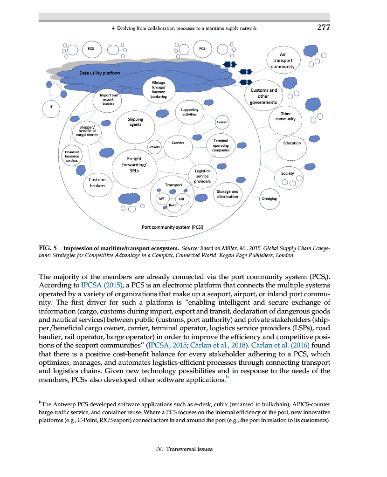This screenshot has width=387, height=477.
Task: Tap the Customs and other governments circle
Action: [263, 96]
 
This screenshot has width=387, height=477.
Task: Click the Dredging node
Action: [269, 198]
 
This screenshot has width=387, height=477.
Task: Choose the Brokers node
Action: [154, 147]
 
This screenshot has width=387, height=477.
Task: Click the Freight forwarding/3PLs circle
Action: [134, 164]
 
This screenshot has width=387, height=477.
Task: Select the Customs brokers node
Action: [97, 183]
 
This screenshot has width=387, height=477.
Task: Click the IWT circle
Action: [161, 198]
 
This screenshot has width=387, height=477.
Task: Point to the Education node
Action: [292, 143]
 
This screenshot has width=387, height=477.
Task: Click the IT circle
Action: [51, 107]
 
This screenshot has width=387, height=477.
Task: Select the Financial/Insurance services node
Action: [72, 156]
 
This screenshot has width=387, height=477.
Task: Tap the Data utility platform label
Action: [99, 73]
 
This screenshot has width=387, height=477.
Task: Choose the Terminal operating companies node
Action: [220, 145]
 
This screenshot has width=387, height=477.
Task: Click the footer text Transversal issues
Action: [193, 449]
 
